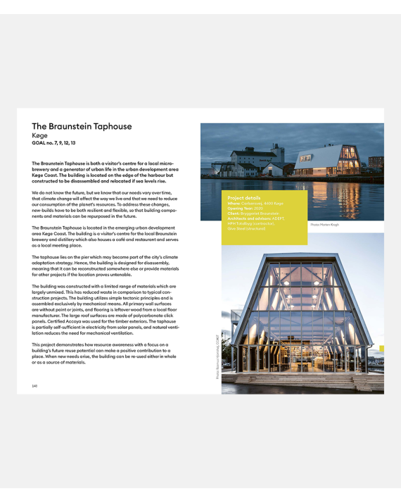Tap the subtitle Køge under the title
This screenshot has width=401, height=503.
[x=39, y=135]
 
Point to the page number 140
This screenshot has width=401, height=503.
[x=34, y=385]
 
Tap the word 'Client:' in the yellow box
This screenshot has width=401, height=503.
[x=234, y=212]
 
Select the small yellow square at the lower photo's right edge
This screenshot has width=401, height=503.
[x=382, y=349]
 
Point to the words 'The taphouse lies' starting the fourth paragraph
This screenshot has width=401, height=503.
[x=50, y=257]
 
